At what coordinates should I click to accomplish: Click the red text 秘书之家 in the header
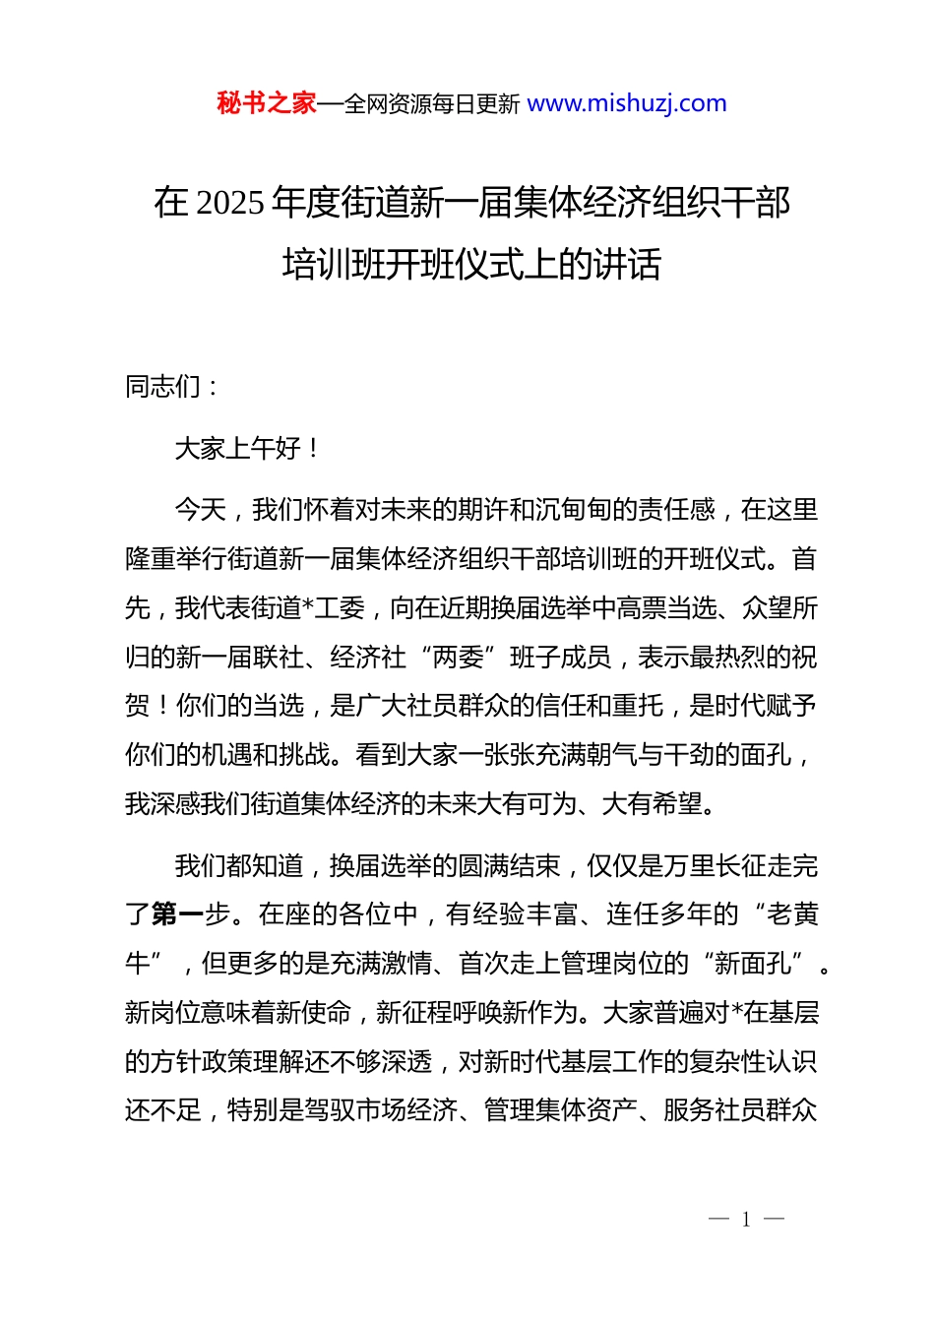click(x=267, y=103)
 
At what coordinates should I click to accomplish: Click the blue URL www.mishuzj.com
click(x=627, y=103)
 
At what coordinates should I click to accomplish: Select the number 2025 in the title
click(x=230, y=203)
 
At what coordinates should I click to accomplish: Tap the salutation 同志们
click(x=163, y=387)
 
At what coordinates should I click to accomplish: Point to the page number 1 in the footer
click(x=746, y=1220)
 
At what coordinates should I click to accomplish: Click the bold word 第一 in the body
click(x=177, y=914)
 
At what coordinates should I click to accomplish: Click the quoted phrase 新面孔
click(x=753, y=964)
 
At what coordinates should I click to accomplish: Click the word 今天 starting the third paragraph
click(x=200, y=510)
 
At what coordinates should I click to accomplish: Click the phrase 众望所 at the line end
click(x=779, y=608)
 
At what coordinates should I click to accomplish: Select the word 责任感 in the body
click(x=676, y=510)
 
